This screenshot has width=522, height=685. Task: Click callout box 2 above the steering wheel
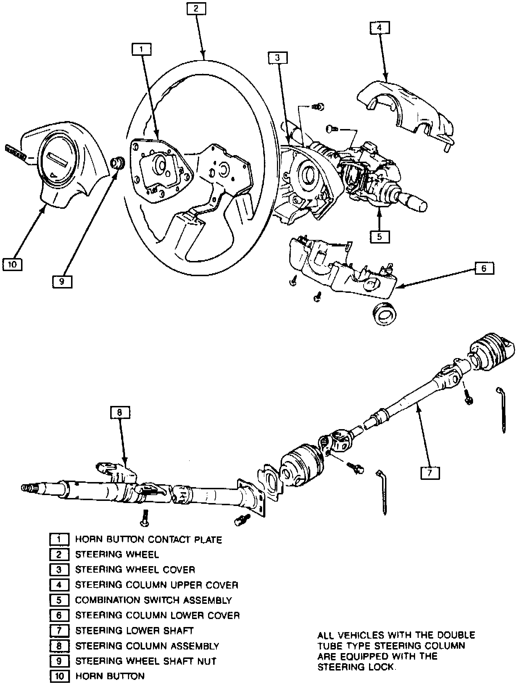(196, 9)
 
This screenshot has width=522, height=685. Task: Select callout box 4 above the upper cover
(380, 28)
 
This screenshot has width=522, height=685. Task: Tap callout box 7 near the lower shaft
(430, 473)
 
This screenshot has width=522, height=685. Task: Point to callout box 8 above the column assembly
(120, 412)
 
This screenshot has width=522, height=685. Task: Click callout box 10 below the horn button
(12, 264)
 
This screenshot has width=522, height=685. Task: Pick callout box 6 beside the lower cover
(484, 269)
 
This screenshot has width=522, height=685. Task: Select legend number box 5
(59, 600)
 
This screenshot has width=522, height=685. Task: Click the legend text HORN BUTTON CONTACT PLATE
(148, 540)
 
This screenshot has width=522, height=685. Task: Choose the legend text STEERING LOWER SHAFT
(134, 631)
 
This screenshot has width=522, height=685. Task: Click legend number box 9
(59, 661)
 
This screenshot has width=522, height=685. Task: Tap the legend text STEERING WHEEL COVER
(135, 570)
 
